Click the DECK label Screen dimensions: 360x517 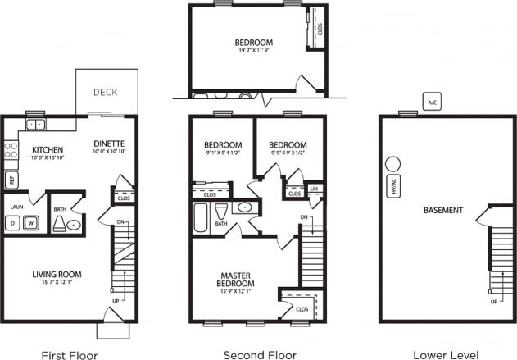point(104,92)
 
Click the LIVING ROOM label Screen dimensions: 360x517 point(57,274)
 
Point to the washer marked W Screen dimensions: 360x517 point(32,222)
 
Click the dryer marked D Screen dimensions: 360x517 point(13,222)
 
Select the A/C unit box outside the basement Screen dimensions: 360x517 point(432,102)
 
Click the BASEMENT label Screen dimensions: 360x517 point(443,210)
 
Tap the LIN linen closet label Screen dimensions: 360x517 point(314,189)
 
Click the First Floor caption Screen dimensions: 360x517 point(70,355)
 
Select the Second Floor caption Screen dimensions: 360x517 point(260,355)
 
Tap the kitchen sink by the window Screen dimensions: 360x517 point(35,125)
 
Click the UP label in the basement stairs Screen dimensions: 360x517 point(494,302)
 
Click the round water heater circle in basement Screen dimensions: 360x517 point(392,164)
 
